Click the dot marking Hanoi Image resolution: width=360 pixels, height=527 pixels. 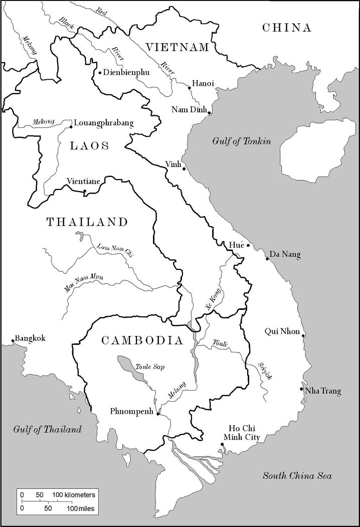[x=190, y=88]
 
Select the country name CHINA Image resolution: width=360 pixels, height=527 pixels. [x=287, y=28]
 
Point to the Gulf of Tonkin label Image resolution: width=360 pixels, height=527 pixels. [x=241, y=141]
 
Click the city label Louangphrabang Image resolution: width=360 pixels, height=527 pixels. [x=104, y=123]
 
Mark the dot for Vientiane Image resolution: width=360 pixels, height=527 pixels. [x=84, y=191]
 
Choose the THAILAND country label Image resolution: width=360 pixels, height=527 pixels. [x=87, y=222]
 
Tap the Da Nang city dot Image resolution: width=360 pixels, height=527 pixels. [x=267, y=259]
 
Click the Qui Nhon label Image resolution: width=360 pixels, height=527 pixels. [x=282, y=331]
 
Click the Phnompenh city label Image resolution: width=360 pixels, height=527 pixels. [x=131, y=411]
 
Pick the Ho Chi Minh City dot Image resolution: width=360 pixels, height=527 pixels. [x=222, y=444]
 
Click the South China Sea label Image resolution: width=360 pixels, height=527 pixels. [x=297, y=476]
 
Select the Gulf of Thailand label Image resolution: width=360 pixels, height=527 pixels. [x=47, y=429]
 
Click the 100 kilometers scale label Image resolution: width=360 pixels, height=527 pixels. [x=73, y=495]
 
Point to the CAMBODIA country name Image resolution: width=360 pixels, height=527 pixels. [x=142, y=340]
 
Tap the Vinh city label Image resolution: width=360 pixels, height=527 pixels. [x=172, y=164]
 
